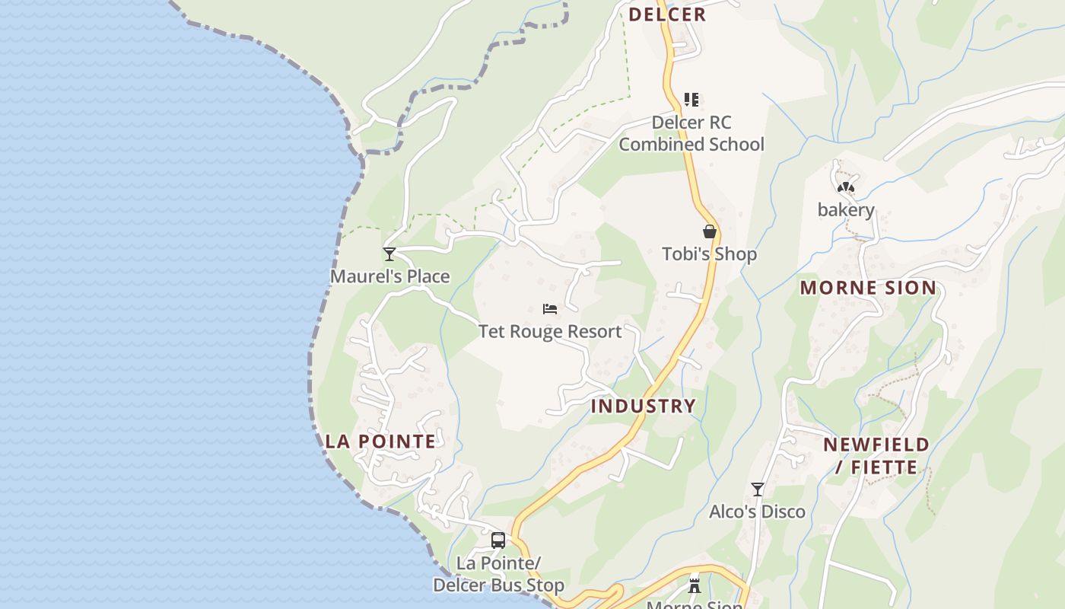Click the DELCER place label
(667, 14)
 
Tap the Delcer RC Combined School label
(691, 133)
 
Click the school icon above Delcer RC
(691, 99)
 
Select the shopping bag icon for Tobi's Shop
(709, 231)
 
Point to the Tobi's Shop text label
(709, 254)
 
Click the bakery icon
(845, 187)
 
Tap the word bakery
(846, 210)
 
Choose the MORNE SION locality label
(868, 288)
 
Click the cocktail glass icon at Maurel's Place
(389, 253)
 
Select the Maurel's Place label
(389, 276)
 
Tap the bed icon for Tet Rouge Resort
(550, 309)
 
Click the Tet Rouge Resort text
(550, 332)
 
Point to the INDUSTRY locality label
(644, 406)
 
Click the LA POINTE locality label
(380, 442)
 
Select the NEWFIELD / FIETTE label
(876, 455)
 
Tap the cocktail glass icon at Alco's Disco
(757, 489)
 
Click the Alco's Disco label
(757, 512)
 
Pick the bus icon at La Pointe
(498, 540)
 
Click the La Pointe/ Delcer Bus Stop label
(498, 574)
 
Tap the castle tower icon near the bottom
(694, 585)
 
